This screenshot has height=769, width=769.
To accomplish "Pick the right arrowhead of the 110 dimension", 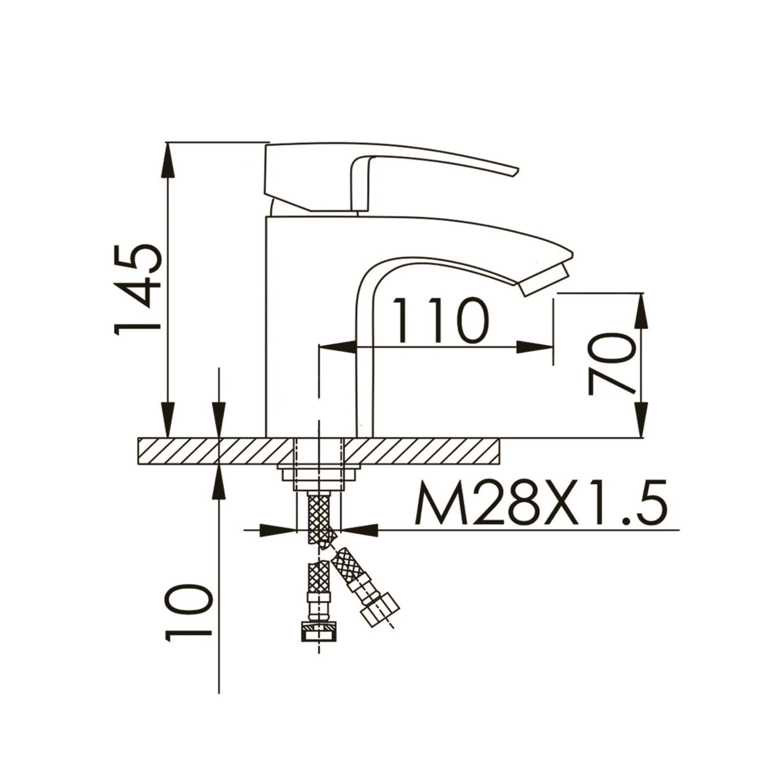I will click(537, 347).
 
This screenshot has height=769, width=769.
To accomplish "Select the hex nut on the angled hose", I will click(380, 619).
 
